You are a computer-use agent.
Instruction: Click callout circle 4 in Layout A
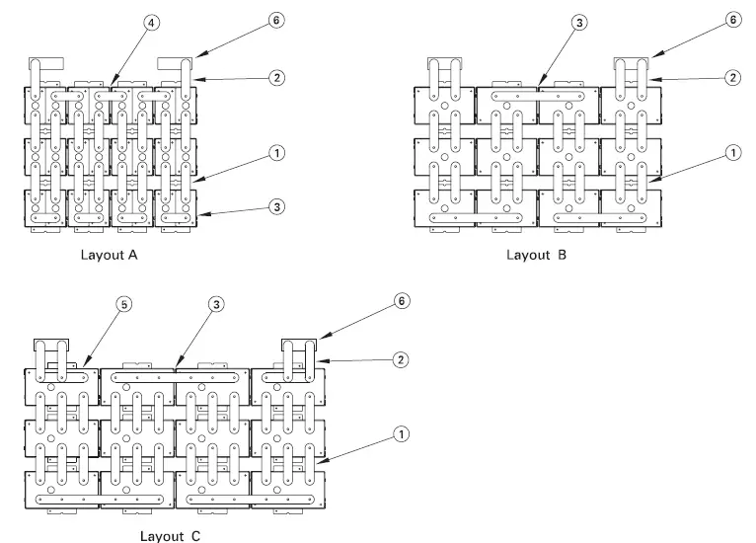(x=151, y=21)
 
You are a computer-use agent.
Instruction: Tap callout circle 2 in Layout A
(x=277, y=77)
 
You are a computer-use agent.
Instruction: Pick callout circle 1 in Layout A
(x=277, y=153)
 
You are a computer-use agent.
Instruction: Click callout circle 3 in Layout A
(x=277, y=207)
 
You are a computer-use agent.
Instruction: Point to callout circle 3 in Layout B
(x=580, y=21)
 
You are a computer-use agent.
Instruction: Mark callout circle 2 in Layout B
(x=731, y=77)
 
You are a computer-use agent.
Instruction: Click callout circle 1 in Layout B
(x=731, y=153)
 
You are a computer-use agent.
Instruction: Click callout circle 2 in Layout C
(x=400, y=359)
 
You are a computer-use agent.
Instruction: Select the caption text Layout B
(x=536, y=254)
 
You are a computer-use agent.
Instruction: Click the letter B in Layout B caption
(x=562, y=254)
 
